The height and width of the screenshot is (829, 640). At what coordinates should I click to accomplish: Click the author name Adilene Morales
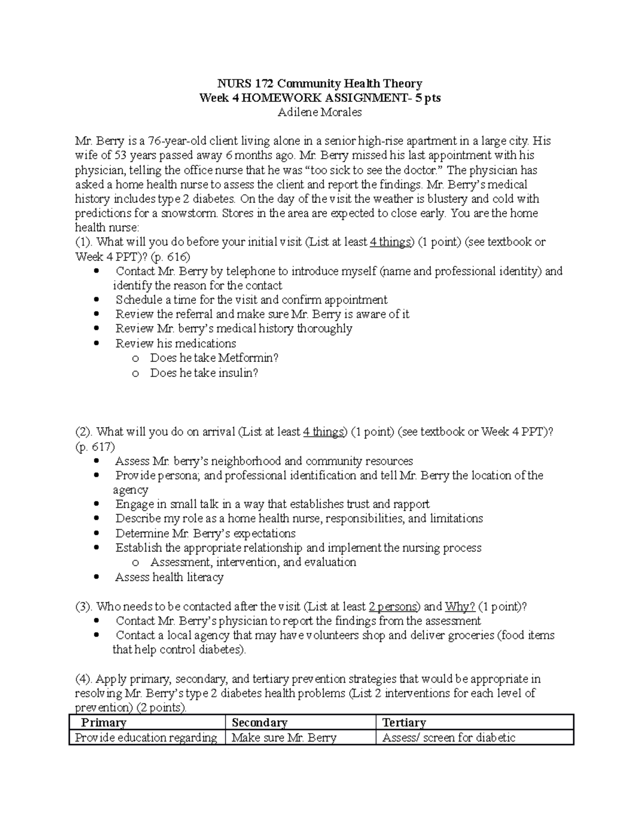point(320,112)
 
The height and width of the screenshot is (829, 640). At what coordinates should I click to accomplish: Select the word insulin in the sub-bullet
point(238,373)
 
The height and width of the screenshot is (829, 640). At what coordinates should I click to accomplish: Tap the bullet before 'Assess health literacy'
point(96,577)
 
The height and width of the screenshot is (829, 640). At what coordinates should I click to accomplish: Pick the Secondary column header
point(260,723)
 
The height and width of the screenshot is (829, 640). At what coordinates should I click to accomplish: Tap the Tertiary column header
point(404,723)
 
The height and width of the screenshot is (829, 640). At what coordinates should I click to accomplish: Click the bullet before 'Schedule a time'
point(96,299)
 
